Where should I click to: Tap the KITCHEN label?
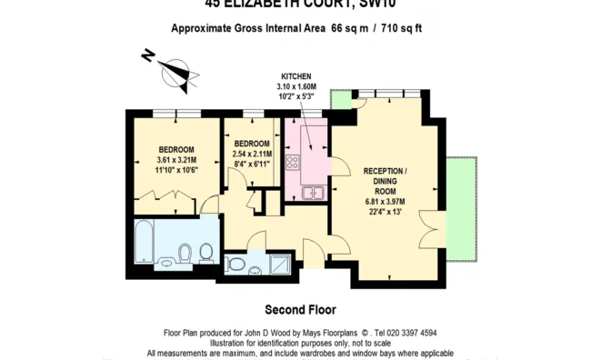coord(296,76)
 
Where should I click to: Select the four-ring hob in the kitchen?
coord(294,164)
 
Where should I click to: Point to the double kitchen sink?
coord(313,192)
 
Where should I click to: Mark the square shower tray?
coord(277,264)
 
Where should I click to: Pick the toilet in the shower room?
coord(235,265)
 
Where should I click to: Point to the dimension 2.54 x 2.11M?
coord(252,155)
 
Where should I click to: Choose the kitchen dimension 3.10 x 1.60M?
coord(296,86)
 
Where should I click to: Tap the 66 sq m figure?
coord(348,28)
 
